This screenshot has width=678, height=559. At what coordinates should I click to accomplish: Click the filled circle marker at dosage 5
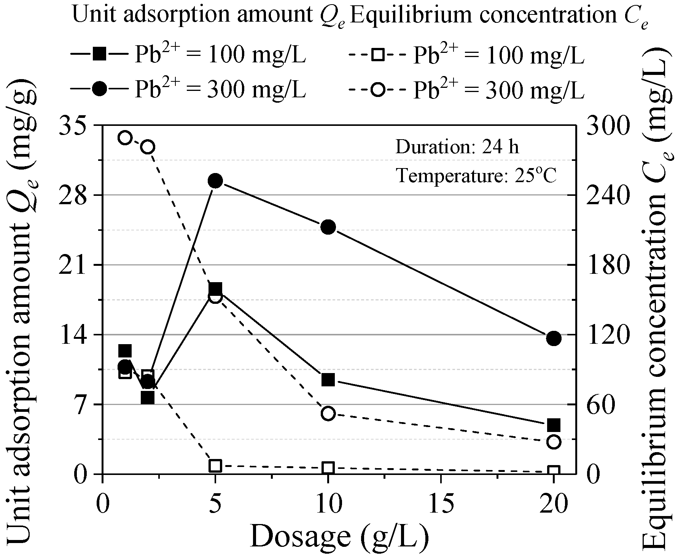point(215,181)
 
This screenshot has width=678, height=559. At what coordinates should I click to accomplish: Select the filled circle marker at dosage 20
point(554,338)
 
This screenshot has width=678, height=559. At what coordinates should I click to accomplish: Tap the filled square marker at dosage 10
point(328,380)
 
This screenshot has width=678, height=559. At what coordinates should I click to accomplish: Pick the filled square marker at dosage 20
point(554,425)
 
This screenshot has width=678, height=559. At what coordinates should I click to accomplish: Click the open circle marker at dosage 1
point(125,138)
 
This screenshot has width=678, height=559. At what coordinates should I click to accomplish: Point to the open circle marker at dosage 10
point(328,413)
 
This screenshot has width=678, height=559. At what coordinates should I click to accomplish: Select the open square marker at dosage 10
point(328,468)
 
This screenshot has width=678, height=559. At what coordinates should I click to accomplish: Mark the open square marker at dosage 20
point(554,472)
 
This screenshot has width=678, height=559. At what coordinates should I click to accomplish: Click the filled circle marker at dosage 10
point(328,227)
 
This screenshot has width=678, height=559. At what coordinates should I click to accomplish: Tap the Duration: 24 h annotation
point(457,147)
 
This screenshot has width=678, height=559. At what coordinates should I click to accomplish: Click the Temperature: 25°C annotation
point(476,176)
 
